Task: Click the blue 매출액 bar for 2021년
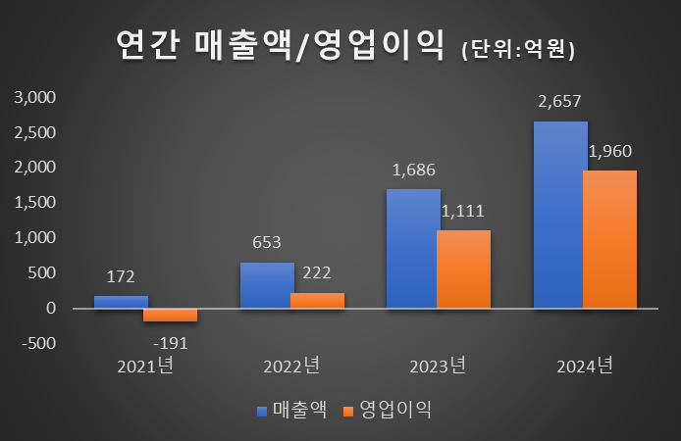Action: (121, 302)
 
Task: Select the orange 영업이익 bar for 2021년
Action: (170, 315)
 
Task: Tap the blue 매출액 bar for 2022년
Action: (267, 285)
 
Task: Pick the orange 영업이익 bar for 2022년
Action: (317, 300)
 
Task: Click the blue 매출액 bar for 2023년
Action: (413, 249)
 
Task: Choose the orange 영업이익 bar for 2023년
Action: (463, 269)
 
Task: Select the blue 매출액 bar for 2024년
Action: (560, 215)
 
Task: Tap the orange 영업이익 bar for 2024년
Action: (609, 239)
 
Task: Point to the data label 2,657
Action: (559, 102)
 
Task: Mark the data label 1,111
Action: (463, 211)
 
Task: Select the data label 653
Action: (267, 242)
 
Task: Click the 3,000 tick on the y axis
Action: (35, 97)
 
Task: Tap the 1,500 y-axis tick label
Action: (35, 203)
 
